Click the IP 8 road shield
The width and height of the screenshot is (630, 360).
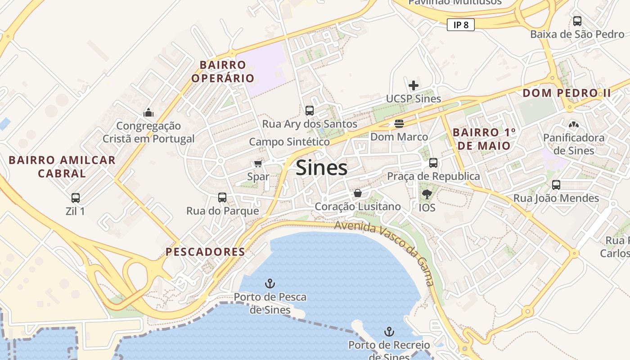pos(461,25)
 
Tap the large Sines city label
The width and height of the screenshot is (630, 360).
pos(322,168)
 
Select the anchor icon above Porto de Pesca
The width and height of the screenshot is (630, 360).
pos(270,283)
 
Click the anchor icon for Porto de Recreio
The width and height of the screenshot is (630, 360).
pos(389,332)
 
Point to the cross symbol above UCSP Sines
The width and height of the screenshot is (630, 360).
pos(414,85)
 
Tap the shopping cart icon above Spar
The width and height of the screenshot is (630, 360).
pos(258,163)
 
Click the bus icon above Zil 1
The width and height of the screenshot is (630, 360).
pos(76,198)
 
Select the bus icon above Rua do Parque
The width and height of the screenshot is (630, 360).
pos(222,197)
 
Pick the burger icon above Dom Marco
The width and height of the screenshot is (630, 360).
pos(399,123)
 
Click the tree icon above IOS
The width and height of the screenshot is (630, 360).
pos(427,194)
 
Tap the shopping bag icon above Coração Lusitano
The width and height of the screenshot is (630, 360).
pos(358,193)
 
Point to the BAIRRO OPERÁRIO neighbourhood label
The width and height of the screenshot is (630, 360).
pos(223,72)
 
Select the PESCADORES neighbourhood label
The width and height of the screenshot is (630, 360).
pos(205,252)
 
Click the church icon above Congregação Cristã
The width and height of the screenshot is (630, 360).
pos(148,112)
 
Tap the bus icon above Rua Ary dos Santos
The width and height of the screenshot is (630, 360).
pos(310,110)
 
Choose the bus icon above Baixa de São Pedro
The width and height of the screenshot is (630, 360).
pos(577,21)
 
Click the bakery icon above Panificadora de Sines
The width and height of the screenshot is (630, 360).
pos(573,124)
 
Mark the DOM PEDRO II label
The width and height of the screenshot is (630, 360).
pos(567,93)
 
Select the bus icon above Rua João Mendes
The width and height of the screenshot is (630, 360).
pos(556,184)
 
